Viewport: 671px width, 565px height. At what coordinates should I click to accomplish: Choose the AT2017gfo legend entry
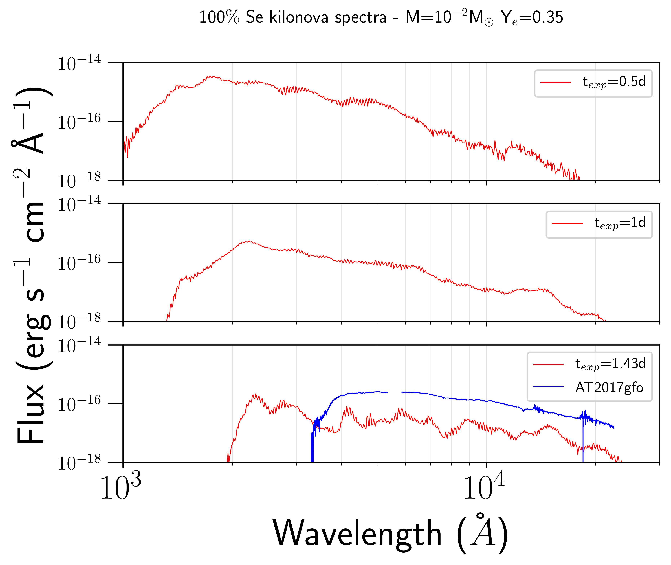[609, 388]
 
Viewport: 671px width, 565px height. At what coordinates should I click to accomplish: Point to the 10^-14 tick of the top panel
[79, 63]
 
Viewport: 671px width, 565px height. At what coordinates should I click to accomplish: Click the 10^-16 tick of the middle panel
[79, 263]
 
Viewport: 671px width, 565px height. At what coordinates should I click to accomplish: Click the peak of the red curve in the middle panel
[248, 242]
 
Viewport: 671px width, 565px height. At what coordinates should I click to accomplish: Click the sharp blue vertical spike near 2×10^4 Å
[583, 442]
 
